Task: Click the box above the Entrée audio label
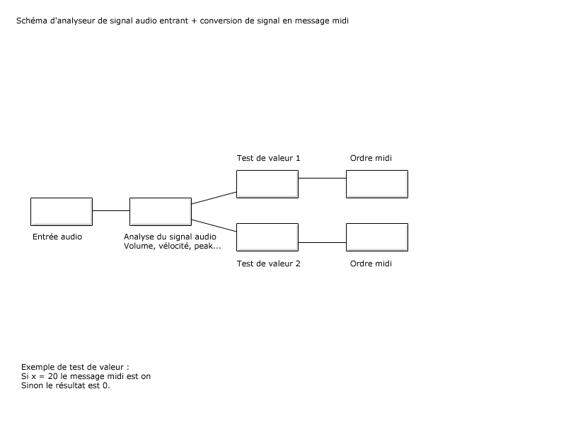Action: click(62, 212)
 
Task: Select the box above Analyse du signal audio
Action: click(161, 212)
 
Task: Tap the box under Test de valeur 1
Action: click(267, 184)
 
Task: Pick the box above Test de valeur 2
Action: click(267, 237)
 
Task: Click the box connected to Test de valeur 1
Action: click(377, 184)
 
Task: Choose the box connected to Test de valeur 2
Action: click(377, 237)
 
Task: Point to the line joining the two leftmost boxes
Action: click(111, 210)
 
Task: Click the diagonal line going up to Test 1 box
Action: click(214, 198)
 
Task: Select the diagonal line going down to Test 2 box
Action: click(214, 225)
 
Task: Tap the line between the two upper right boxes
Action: click(323, 178)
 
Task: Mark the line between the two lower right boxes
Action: click(323, 242)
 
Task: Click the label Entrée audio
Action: click(57, 237)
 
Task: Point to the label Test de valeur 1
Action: click(269, 158)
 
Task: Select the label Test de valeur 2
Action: click(269, 263)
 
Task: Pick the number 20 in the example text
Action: click(52, 376)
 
